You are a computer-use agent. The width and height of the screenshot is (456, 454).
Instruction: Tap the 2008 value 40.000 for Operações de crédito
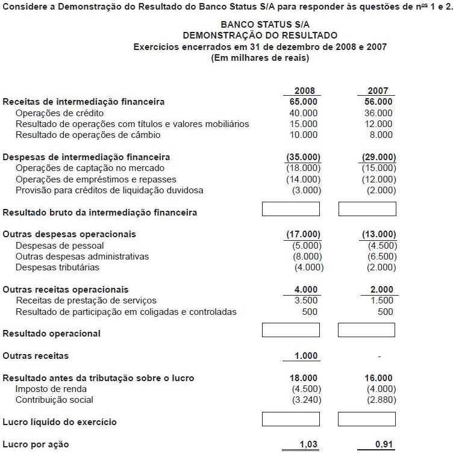tap(304, 113)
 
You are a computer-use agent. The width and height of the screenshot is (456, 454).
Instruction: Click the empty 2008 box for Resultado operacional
tap(290, 331)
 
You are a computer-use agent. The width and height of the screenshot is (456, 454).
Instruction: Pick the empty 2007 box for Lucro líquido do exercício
tap(367, 419)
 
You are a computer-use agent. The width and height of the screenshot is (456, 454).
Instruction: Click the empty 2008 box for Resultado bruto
tap(290, 209)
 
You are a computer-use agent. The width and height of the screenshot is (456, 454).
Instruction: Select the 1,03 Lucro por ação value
tap(308, 444)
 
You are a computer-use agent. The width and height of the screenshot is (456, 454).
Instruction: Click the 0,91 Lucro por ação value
tap(384, 444)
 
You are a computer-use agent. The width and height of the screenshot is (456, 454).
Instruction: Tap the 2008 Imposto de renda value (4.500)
tap(305, 389)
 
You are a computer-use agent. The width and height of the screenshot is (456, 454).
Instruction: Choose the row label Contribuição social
tap(55, 400)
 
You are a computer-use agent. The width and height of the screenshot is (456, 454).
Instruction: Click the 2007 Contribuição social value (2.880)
tap(381, 400)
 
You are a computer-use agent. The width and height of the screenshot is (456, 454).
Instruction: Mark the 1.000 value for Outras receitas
tap(306, 356)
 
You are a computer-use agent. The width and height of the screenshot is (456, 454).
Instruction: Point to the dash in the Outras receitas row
tap(379, 356)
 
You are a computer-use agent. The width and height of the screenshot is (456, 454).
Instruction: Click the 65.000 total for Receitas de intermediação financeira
tap(304, 102)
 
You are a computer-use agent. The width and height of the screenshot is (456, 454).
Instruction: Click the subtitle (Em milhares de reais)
tap(260, 58)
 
